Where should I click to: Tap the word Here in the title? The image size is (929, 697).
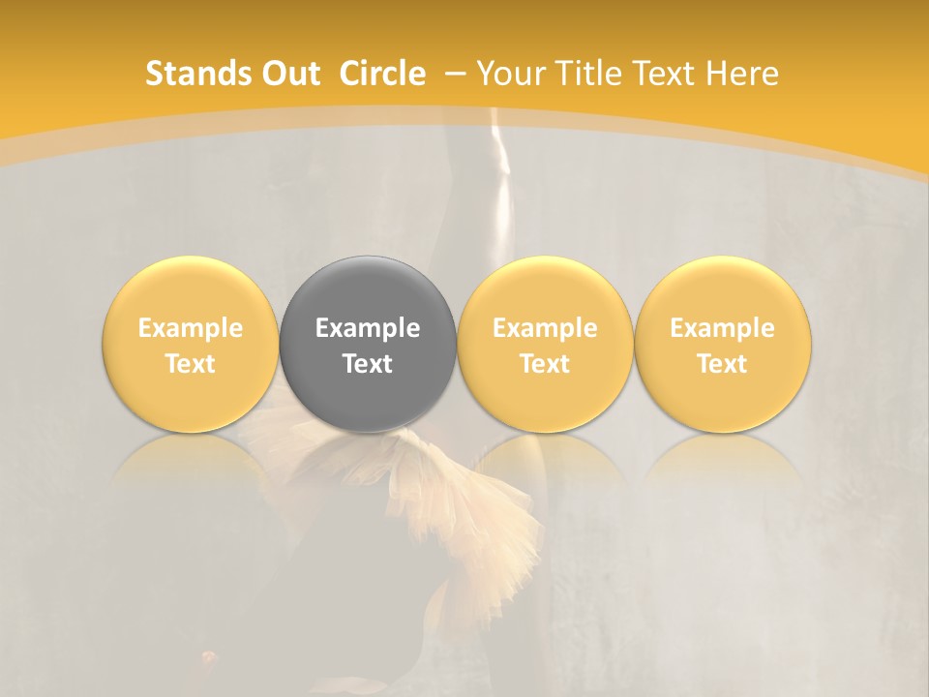743,74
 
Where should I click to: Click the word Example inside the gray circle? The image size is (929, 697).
368,328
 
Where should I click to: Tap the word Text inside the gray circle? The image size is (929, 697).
368,364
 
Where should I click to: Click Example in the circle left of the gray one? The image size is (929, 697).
190,328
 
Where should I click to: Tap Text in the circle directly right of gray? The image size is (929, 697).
545,364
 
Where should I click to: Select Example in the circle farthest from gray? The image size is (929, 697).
722,328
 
